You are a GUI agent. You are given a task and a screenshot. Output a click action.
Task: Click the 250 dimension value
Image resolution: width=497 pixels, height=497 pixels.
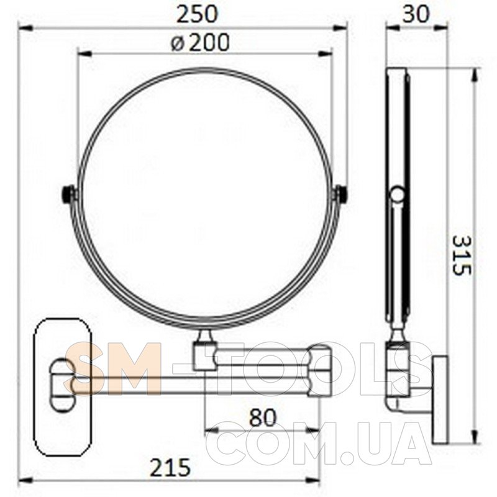(197, 14)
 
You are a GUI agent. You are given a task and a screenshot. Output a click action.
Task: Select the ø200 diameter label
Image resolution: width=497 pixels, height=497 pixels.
(199, 43)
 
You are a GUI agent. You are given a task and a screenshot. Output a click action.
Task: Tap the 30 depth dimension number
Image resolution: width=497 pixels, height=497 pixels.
(415, 14)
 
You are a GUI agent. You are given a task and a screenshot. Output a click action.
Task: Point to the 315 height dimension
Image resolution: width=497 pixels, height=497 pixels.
(462, 255)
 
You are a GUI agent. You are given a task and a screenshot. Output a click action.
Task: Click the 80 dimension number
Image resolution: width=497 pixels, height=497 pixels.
(263, 417)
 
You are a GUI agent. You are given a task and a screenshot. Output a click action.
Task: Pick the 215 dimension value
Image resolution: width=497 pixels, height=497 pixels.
(170, 468)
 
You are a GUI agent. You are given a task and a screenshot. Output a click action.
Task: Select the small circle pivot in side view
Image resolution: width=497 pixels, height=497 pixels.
(398, 194)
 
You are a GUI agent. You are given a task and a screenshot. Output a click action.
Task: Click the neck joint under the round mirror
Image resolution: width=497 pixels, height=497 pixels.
(205, 335)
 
